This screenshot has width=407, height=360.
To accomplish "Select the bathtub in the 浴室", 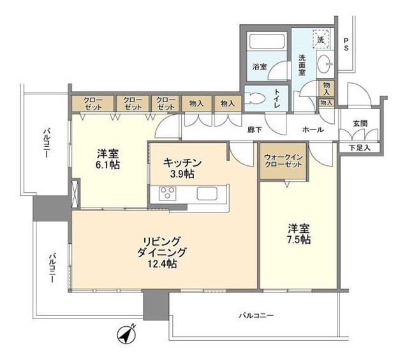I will [x=267, y=43].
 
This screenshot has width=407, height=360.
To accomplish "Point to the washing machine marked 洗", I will [x=322, y=40].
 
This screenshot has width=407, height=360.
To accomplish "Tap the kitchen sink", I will [x=208, y=193].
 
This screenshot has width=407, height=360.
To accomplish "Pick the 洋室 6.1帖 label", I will [x=108, y=158].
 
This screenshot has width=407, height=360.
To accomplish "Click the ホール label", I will [x=313, y=130].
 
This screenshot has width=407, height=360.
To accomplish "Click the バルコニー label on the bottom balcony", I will [x=256, y=315].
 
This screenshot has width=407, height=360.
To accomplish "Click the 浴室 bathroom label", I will [x=259, y=66].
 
